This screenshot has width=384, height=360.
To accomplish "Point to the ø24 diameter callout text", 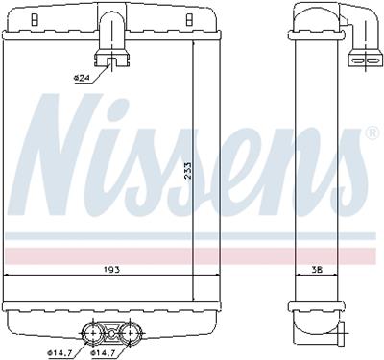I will coord(84,77).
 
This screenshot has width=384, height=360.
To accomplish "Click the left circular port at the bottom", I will coord(94,334).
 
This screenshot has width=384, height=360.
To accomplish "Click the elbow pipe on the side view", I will coord(360,38).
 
